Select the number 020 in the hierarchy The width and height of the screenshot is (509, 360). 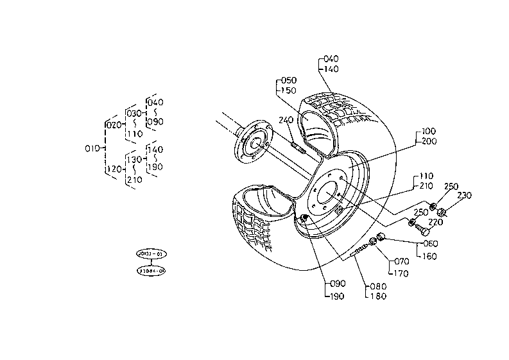click(x=112, y=124)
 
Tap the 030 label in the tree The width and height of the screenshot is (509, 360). click(x=134, y=113)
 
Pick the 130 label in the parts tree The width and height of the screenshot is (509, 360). click(x=134, y=159)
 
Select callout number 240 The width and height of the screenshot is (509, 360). click(x=286, y=120)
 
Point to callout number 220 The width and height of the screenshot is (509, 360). click(x=436, y=223)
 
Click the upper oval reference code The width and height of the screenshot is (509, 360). click(x=151, y=255)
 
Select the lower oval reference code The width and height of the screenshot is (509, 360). click(x=151, y=271)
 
